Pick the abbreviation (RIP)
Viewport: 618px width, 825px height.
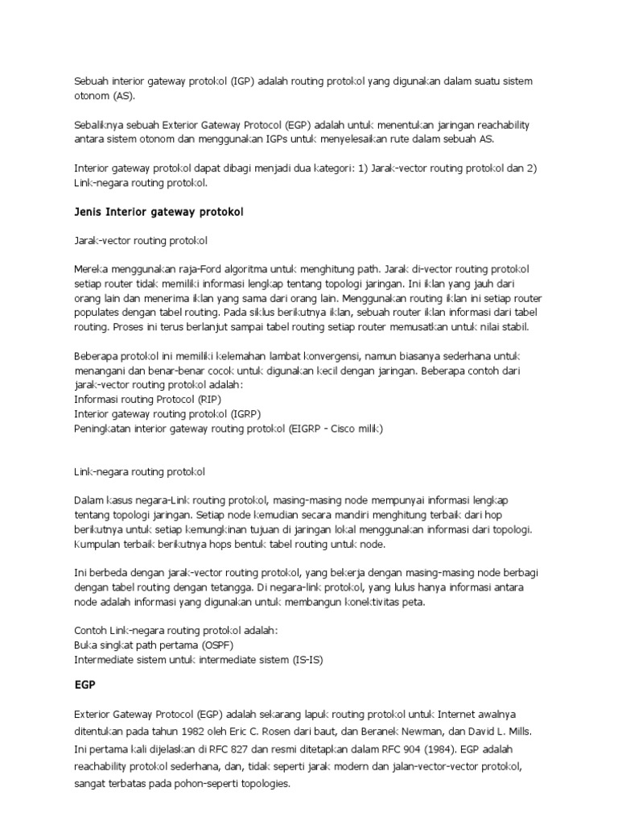point(207,399)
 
